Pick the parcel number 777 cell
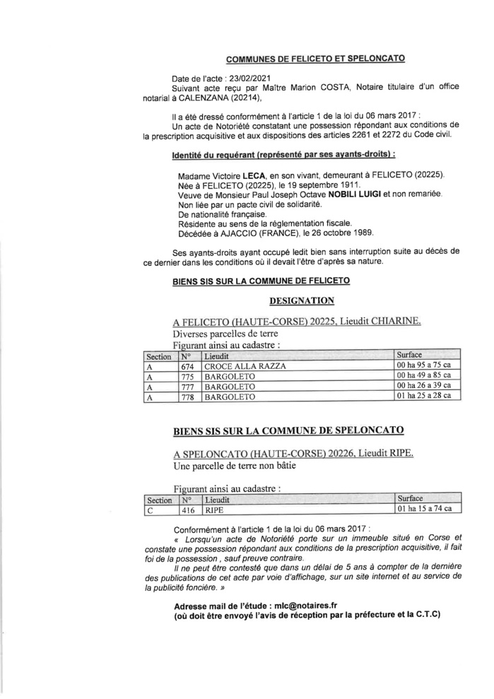187,387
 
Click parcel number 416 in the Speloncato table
187,509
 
